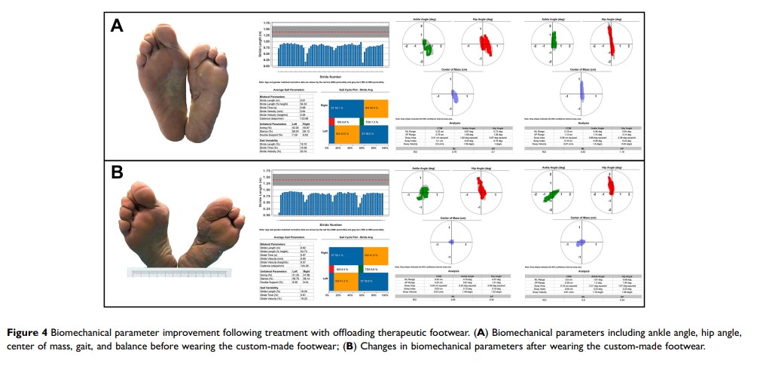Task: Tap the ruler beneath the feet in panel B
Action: (182, 271)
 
